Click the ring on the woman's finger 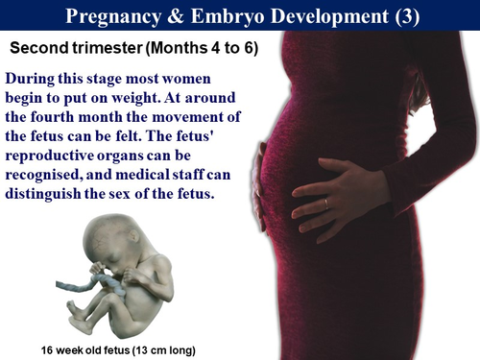click(x=326, y=203)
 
